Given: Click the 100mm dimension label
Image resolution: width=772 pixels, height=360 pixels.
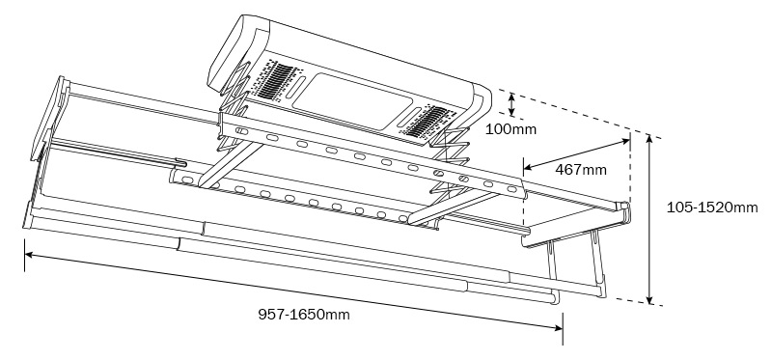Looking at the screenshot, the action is pyautogui.click(x=510, y=129).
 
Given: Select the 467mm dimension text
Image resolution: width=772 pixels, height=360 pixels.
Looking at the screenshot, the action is pyautogui.click(x=581, y=170).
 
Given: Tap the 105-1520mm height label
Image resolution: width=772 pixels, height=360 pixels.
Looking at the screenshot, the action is pyautogui.click(x=712, y=208).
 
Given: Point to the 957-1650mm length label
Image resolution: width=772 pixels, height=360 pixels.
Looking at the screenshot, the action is pyautogui.click(x=304, y=315).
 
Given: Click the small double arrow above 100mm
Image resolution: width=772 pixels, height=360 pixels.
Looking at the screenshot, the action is pyautogui.click(x=512, y=105).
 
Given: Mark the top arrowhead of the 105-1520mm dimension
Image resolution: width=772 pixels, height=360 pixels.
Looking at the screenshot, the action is pyautogui.click(x=649, y=139).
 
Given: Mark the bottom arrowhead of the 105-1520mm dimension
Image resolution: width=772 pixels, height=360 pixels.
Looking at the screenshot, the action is pyautogui.click(x=649, y=299).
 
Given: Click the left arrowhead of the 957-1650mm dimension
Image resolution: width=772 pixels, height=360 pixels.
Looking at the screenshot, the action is pyautogui.click(x=30, y=255).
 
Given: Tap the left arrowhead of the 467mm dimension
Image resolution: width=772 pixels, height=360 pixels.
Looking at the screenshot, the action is pyautogui.click(x=528, y=167).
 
